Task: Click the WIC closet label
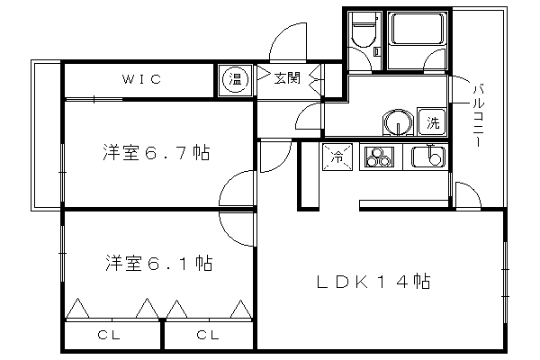143,79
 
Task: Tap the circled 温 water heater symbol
234,79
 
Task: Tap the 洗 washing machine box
433,121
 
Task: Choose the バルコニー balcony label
477,112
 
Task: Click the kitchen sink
429,158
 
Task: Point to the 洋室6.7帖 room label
154,153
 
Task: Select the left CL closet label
110,336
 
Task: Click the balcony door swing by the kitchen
465,195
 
